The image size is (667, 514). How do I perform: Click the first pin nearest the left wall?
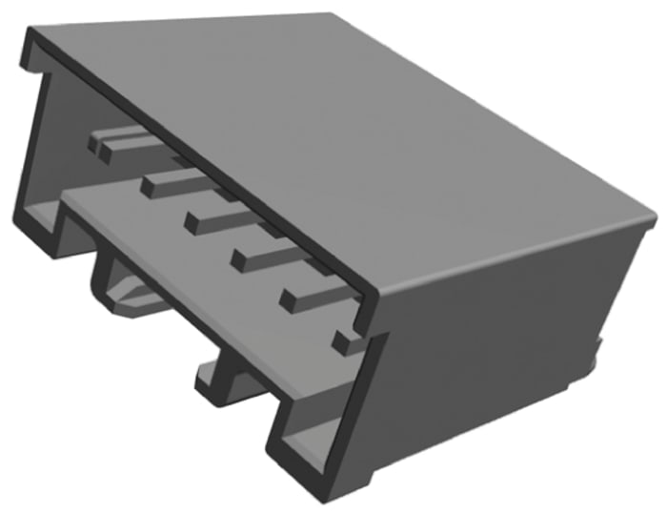tap(119, 143)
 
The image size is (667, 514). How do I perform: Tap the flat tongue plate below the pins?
tap(191, 257)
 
